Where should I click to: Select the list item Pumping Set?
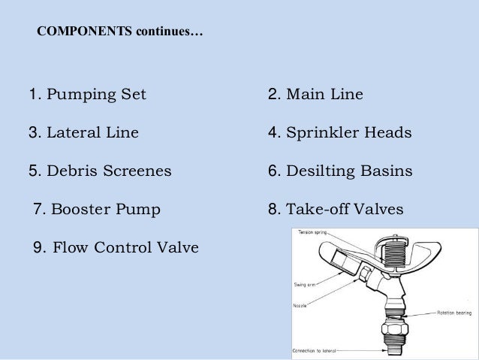[x=87, y=95]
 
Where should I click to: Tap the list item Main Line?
[x=315, y=95]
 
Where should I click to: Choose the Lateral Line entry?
[x=83, y=133]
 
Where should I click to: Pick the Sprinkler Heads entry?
[x=339, y=133]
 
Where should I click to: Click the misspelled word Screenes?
[x=136, y=171]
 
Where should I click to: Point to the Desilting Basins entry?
[x=340, y=171]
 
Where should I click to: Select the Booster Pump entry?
[x=98, y=208]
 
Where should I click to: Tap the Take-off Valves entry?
[x=336, y=208]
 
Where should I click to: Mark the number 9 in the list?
[x=40, y=246]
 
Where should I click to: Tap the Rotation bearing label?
[x=453, y=312]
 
